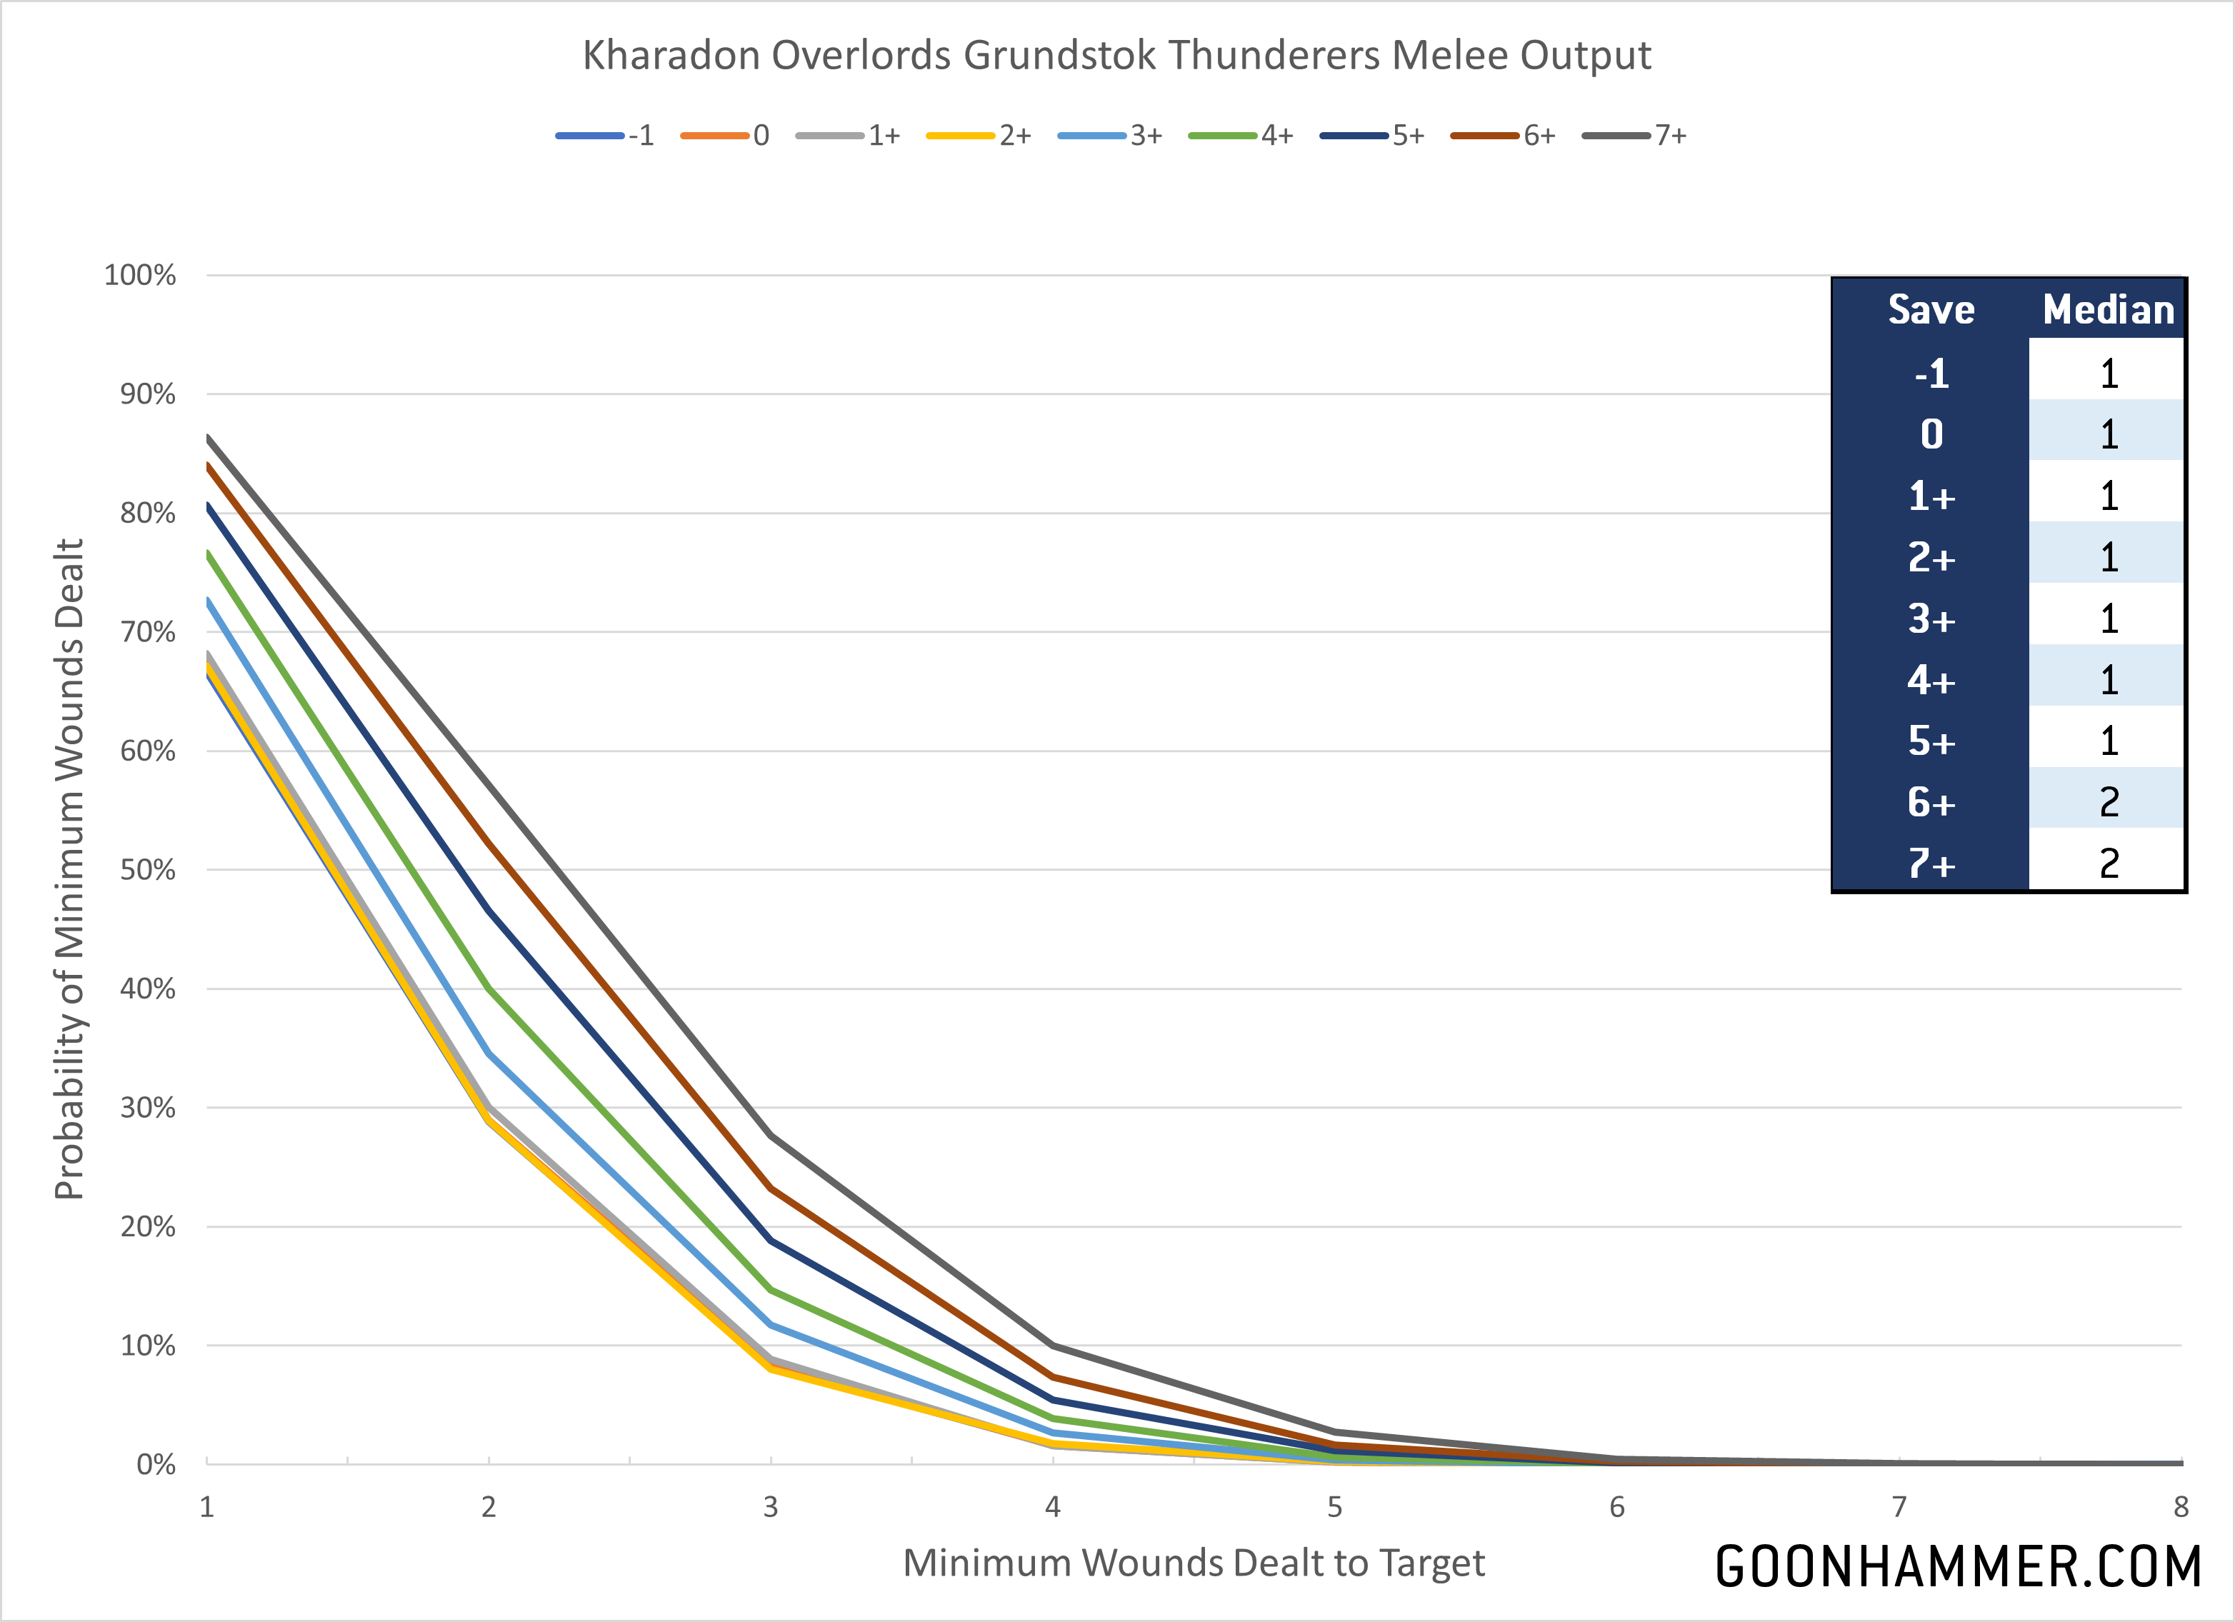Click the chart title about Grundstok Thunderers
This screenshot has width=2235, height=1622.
tap(1116, 55)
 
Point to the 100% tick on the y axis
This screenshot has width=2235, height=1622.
tap(140, 275)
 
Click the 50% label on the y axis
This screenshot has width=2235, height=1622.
tap(147, 870)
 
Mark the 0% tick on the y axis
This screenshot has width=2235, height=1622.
tap(156, 1464)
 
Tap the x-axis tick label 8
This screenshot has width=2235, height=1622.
tap(2181, 1507)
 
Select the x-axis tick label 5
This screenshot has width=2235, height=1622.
tap(1334, 1507)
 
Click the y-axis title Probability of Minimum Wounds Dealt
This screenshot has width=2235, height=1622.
tap(69, 869)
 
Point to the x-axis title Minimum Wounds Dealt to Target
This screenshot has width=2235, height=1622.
tap(1194, 1563)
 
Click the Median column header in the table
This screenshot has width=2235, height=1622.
tap(2108, 309)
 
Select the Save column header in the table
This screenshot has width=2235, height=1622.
tap(1931, 309)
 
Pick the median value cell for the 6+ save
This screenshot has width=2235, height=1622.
tap(2108, 801)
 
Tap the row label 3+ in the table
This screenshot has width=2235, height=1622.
tap(1931, 619)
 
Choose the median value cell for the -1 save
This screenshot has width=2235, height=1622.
tap(2108, 374)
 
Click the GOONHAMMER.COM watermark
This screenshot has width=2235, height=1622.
tap(1958, 1567)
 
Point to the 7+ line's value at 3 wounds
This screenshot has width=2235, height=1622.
tap(771, 1136)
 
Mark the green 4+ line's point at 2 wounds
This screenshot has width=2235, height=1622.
tap(489, 988)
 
